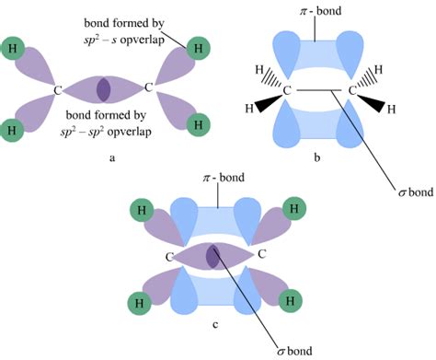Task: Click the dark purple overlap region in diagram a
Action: tap(104, 89)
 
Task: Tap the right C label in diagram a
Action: tap(150, 89)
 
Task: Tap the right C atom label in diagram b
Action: tap(350, 91)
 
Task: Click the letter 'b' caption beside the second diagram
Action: tap(316, 157)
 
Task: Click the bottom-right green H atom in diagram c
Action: tap(292, 300)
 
